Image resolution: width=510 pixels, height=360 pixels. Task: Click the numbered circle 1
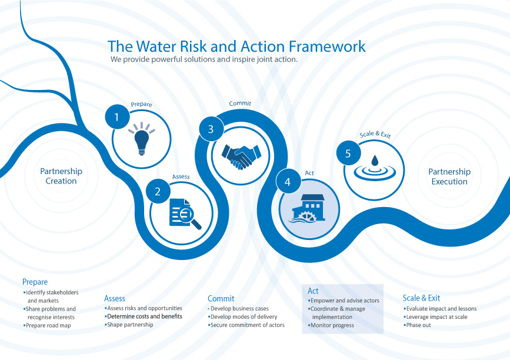116,116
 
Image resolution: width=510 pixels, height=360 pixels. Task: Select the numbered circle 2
158,191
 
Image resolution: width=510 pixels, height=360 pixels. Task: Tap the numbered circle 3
211,130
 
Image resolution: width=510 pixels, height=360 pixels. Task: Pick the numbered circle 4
288,182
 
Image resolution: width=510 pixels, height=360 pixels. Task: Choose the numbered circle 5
348,154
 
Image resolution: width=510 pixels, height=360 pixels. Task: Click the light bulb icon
141,139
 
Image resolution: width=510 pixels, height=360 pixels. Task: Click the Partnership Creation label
61,176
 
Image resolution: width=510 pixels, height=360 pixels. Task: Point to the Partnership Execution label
449,176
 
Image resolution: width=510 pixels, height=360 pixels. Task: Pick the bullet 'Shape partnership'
130,325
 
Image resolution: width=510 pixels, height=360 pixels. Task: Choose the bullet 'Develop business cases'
239,308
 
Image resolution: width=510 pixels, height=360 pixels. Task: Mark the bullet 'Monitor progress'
332,325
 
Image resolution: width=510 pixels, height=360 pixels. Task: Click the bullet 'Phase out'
418,325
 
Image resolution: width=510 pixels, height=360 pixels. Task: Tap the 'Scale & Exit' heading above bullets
421,298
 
